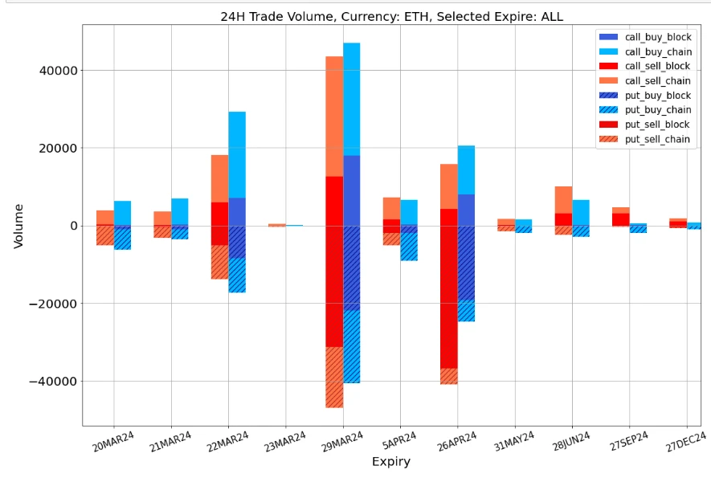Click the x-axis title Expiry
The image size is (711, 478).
(x=390, y=462)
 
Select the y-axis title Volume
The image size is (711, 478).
(x=18, y=226)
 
